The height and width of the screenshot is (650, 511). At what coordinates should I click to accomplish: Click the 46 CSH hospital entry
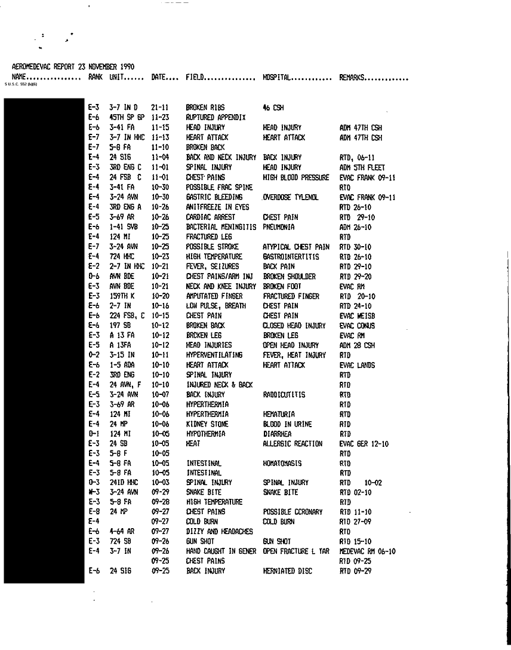tap(273, 108)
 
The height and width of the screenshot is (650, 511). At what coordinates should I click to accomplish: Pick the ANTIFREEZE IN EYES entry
tap(213, 207)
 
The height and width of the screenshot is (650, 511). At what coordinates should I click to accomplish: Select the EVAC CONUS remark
tap(357, 326)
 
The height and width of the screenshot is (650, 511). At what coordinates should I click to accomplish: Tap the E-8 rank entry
tap(93, 511)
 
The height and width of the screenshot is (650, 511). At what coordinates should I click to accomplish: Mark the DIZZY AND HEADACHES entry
tap(219, 531)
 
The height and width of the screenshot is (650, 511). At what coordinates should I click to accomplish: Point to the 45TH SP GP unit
tap(127, 118)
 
